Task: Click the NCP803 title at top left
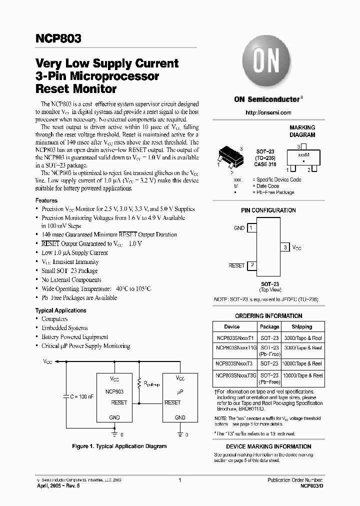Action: [x=58, y=39]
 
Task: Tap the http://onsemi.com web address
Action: [x=268, y=112]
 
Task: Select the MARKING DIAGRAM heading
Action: [x=302, y=131]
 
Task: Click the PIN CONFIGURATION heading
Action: [x=268, y=210]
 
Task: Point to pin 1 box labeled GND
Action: [x=252, y=228]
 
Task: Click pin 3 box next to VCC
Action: [x=285, y=247]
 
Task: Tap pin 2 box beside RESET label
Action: [x=252, y=265]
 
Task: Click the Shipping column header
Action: [x=301, y=326]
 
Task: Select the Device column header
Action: [x=231, y=326]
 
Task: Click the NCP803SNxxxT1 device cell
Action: [x=231, y=338]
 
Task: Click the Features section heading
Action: [x=46, y=200]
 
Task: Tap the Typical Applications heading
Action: [x=61, y=310]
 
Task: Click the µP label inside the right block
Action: [x=180, y=392]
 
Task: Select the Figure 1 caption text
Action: [x=119, y=446]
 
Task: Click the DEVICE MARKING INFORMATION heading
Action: [x=268, y=446]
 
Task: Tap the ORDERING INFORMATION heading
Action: [x=268, y=316]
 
